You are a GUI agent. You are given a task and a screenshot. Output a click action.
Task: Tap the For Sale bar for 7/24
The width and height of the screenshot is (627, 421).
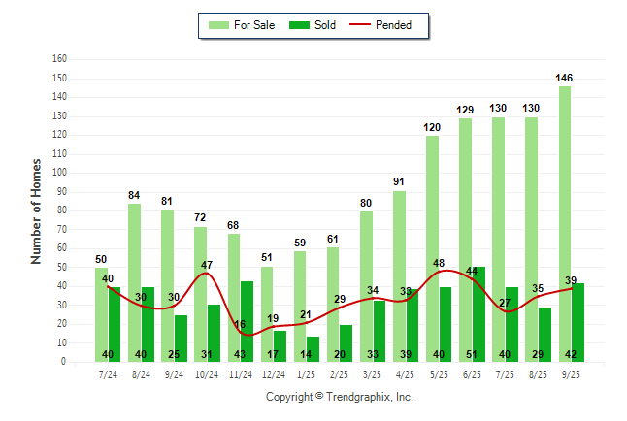(x=101, y=314)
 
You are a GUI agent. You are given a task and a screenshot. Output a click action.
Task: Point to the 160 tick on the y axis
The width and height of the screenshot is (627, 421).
(x=59, y=59)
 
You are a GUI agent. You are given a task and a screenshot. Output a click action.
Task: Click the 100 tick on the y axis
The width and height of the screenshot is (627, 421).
(x=59, y=173)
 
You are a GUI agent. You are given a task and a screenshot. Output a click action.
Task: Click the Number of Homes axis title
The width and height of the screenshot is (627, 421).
(x=37, y=210)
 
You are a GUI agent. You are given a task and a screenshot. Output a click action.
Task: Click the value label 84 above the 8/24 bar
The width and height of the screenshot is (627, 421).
(x=134, y=195)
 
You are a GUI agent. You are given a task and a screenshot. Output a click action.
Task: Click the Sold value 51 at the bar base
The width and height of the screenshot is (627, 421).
(x=478, y=354)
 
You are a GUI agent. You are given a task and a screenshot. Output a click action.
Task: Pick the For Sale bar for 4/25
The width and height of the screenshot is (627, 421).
(x=399, y=275)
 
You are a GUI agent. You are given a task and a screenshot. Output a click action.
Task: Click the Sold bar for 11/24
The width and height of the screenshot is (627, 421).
(x=247, y=321)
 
